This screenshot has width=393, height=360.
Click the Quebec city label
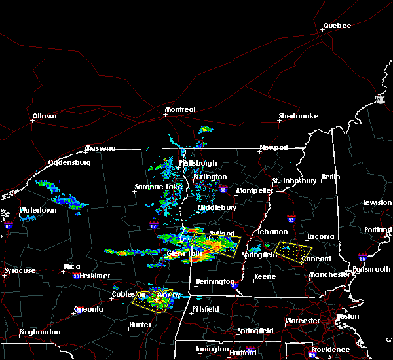(337, 26)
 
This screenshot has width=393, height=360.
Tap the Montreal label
(180, 109)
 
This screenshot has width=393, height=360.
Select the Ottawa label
(45, 117)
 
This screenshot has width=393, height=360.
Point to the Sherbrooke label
(298, 116)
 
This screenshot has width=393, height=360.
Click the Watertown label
(37, 210)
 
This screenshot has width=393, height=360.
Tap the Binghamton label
(39, 332)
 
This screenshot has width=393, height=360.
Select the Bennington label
(215, 282)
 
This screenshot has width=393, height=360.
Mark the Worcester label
(302, 321)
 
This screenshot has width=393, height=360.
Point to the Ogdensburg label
(69, 163)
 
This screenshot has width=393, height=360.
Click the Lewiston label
(377, 203)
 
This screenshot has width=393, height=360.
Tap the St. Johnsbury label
(295, 181)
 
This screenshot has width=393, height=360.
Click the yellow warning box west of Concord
(293, 250)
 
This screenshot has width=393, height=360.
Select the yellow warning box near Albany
(153, 299)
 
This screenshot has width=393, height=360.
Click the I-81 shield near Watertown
(9, 225)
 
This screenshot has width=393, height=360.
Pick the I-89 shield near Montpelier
(223, 190)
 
